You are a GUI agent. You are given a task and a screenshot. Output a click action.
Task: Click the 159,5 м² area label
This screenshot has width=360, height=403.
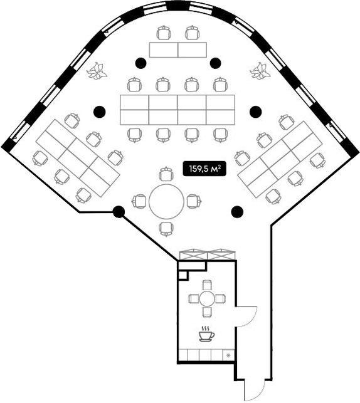click(204, 169)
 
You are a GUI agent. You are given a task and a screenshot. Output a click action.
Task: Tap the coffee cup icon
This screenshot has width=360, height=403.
click(206, 334)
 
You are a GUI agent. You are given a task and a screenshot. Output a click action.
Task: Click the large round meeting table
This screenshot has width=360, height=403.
click(166, 201)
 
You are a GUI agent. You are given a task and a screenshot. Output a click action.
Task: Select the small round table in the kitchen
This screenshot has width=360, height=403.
click(207, 299)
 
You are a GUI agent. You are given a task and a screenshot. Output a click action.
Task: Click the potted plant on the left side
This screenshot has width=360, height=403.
click(97, 71)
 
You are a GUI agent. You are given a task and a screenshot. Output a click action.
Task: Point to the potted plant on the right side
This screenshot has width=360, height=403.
click(260, 71)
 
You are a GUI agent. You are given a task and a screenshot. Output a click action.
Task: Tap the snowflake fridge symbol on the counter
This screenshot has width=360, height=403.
click(228, 356)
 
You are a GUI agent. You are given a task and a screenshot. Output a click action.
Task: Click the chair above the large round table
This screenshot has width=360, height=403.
click(166, 174)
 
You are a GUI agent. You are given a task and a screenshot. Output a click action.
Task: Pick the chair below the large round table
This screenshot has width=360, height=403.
click(166, 229)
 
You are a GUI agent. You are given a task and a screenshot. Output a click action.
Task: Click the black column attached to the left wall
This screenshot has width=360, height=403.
click(119, 212)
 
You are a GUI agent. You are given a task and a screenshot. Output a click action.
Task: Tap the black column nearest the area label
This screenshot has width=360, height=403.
click(237, 211)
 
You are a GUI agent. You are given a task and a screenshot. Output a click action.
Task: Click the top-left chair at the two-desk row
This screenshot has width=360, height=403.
click(164, 33)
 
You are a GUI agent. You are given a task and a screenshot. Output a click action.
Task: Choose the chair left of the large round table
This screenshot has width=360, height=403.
click(139, 201)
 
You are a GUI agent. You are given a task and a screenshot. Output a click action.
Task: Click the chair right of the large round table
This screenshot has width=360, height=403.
click(194, 201)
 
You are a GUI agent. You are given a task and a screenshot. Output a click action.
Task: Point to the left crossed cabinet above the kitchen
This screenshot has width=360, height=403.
click(193, 254)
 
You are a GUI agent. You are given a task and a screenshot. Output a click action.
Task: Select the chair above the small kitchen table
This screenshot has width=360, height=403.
click(207, 285)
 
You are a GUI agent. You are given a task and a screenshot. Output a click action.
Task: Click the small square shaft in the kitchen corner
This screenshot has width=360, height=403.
click(183, 275)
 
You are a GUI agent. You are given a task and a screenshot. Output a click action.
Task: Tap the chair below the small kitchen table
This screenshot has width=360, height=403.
click(207, 313)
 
